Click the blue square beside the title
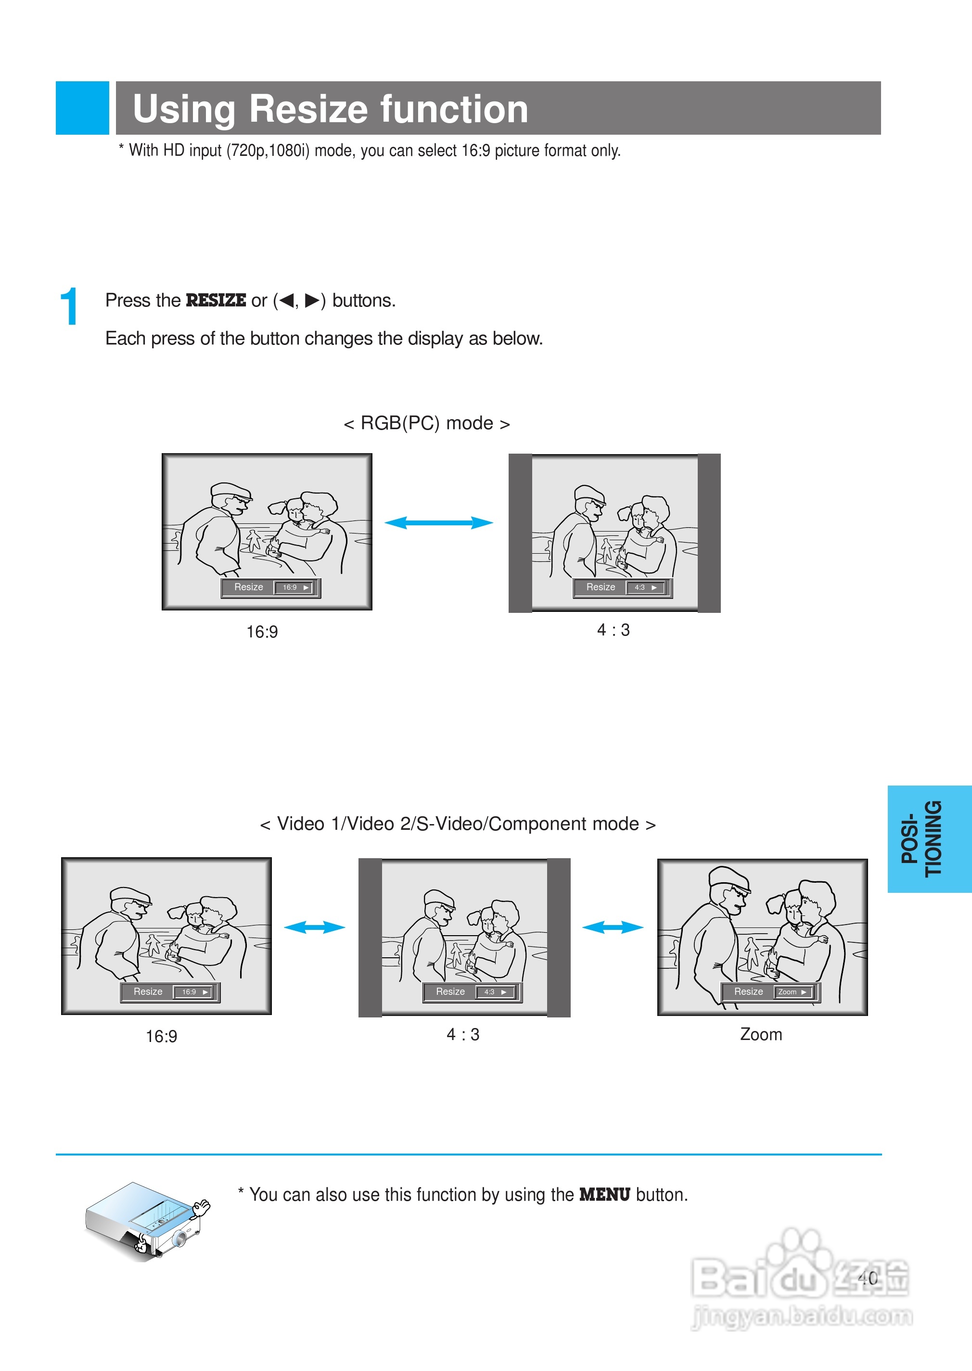pyautogui.click(x=83, y=108)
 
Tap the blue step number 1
pyautogui.click(x=69, y=306)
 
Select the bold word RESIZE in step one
pyautogui.click(x=216, y=300)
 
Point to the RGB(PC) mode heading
pyautogui.click(x=427, y=424)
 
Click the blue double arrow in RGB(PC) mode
pyautogui.click(x=439, y=523)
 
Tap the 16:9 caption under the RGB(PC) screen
pyautogui.click(x=262, y=632)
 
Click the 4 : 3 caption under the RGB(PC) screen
pyautogui.click(x=614, y=630)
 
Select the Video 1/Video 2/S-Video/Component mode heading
pyautogui.click(x=458, y=824)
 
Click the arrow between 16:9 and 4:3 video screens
pyautogui.click(x=315, y=927)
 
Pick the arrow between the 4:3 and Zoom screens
pyautogui.click(x=613, y=927)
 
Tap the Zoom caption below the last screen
pyautogui.click(x=761, y=1035)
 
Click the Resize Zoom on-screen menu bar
pyautogui.click(x=770, y=992)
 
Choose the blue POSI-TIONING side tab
pyautogui.click(x=930, y=839)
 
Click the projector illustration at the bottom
pyautogui.click(x=148, y=1222)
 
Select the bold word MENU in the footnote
pyautogui.click(x=604, y=1195)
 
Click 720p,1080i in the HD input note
pyautogui.click(x=268, y=150)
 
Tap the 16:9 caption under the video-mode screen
pyautogui.click(x=162, y=1037)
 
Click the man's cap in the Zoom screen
pyautogui.click(x=729, y=877)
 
